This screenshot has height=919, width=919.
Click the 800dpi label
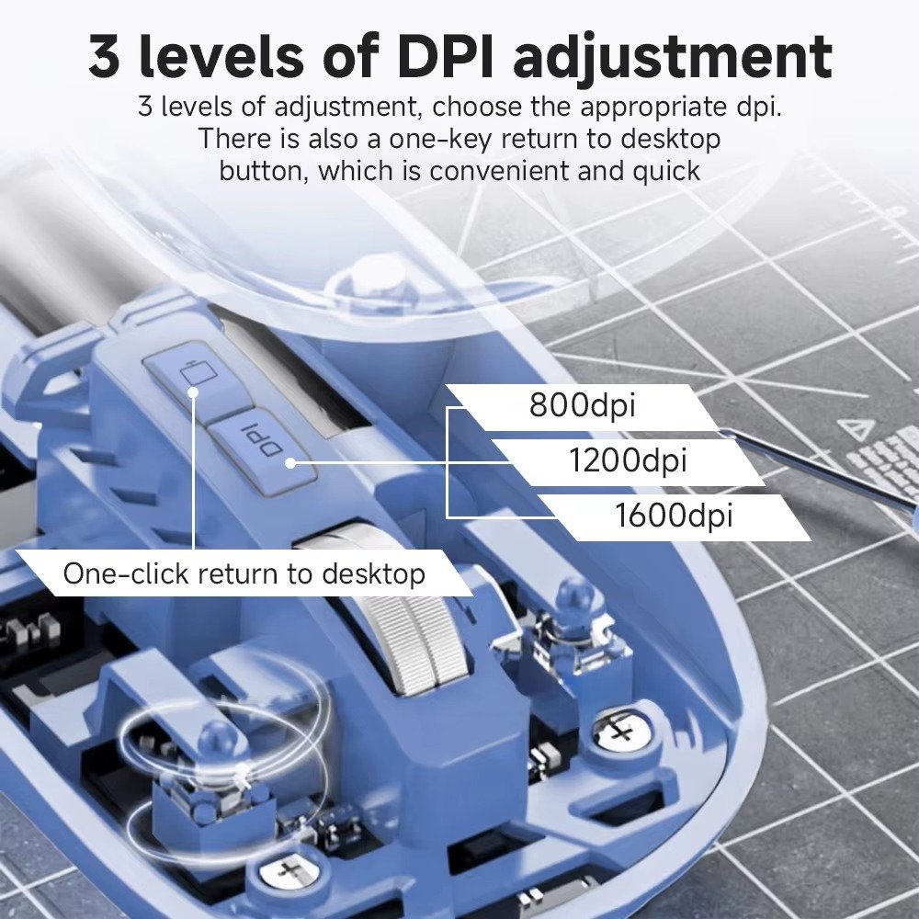(582, 404)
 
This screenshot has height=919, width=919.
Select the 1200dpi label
(628, 460)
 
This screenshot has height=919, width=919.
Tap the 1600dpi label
(674, 516)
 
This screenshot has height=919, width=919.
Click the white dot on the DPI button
(289, 463)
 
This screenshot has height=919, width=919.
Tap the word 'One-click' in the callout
(126, 573)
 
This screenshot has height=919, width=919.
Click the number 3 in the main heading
(105, 56)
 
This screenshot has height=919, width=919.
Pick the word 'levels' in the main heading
(221, 56)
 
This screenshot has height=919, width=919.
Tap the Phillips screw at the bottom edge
(289, 871)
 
